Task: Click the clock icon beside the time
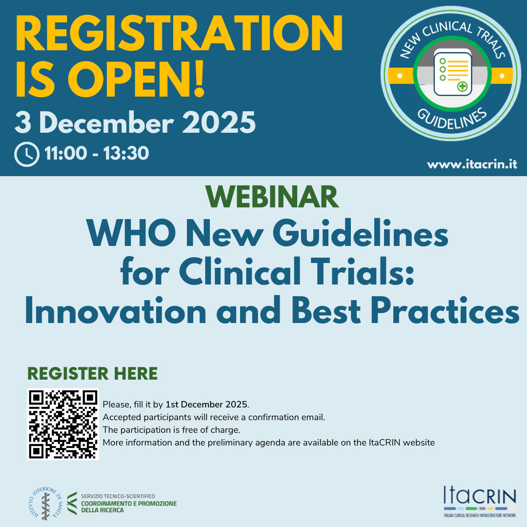27,154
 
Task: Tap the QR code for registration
63,425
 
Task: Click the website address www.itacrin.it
472,164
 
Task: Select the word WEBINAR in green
272,197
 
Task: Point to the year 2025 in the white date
219,122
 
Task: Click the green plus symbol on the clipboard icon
463,86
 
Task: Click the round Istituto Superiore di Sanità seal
45,503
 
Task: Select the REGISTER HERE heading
92,373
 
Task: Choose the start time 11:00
65,154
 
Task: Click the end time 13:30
126,154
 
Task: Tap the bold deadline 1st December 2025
206,405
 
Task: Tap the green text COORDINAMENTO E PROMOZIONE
129,504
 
